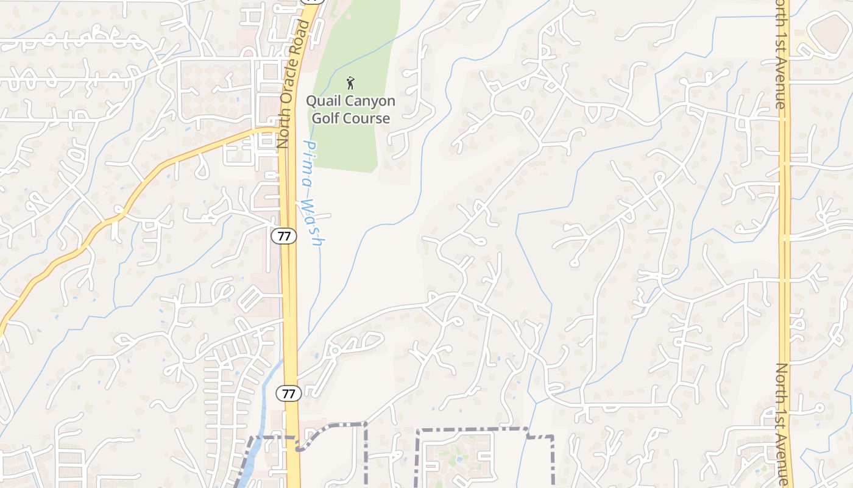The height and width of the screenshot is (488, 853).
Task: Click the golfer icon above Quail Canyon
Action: pyautogui.click(x=350, y=83)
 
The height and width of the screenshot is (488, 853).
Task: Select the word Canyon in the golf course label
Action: pyautogui.click(x=372, y=101)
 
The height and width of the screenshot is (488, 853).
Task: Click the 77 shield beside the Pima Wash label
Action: pyautogui.click(x=284, y=236)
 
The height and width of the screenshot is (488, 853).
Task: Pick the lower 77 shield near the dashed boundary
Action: pyautogui.click(x=289, y=393)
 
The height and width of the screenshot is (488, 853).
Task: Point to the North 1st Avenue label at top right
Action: pyautogui.click(x=781, y=55)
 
